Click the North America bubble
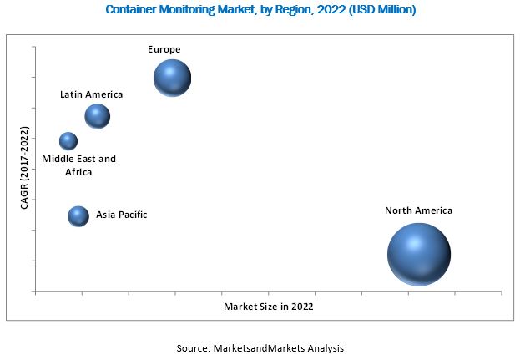[419, 254]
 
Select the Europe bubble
[173, 78]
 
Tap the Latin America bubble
[98, 116]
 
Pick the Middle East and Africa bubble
[68, 141]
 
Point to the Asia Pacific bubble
[78, 216]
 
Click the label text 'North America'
[418, 210]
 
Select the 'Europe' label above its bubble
[164, 49]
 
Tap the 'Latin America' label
[91, 94]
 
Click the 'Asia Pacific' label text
[122, 215]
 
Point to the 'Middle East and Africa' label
[79, 165]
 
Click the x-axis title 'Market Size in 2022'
[269, 307]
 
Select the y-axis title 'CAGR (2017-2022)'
[25, 179]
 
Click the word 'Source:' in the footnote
[194, 347]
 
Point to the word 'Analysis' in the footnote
[325, 347]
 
